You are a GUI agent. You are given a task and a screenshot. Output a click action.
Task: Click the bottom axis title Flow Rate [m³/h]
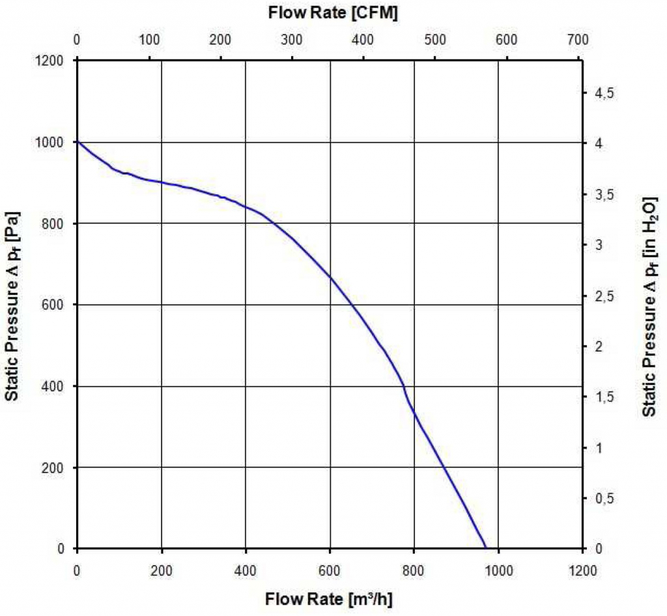(329, 597)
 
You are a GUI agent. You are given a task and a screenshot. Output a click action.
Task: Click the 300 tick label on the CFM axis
(292, 40)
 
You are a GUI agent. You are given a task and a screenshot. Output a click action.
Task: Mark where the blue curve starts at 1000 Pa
(78, 142)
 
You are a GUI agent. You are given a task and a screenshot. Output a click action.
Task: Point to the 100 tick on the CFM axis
(149, 40)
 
